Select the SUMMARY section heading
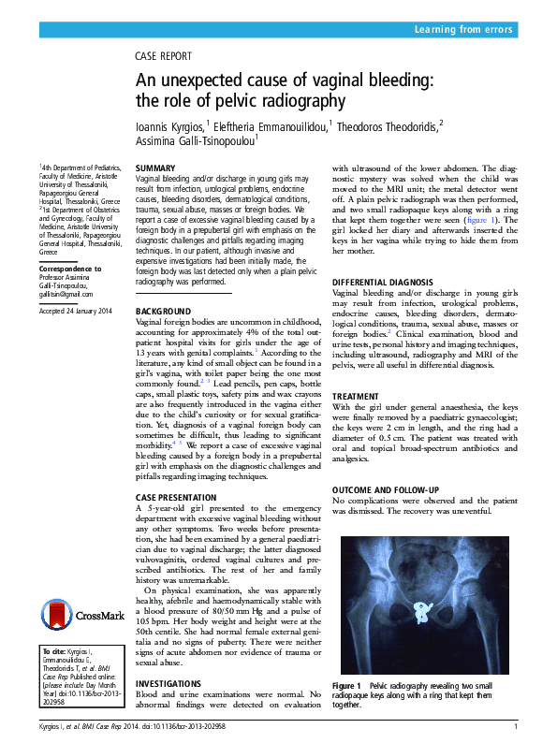tap(155, 168)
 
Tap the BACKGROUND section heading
tap(163, 311)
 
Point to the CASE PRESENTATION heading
tap(178, 496)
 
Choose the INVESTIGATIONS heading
tap(169, 684)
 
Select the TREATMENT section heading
tap(357, 397)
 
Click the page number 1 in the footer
tap(516, 726)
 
